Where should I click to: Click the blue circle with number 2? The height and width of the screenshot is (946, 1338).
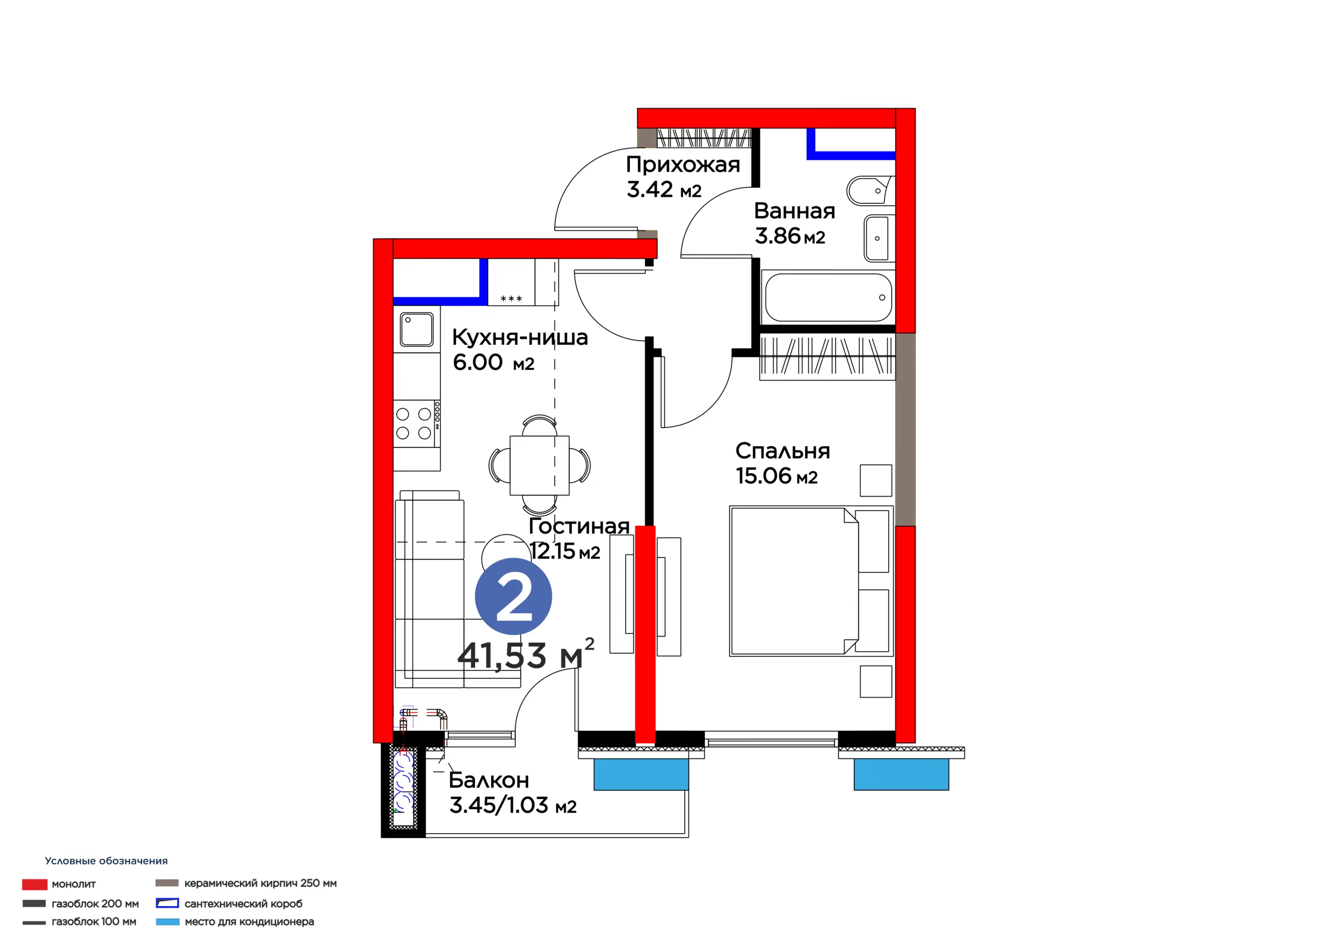click(x=513, y=596)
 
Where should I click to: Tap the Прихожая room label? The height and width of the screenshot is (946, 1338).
click(x=683, y=165)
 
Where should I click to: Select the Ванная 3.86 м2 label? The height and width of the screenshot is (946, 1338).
click(x=794, y=223)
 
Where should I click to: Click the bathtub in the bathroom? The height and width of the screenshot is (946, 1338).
click(x=828, y=297)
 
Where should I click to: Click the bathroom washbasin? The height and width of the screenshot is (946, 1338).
click(x=877, y=238)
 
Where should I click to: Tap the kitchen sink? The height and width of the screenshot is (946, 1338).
click(x=417, y=329)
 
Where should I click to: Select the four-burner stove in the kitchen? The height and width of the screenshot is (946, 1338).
click(x=417, y=424)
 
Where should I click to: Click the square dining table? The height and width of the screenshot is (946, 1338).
click(x=539, y=465)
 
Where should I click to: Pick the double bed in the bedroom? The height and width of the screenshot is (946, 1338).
click(x=811, y=581)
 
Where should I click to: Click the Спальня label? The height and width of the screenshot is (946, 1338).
click(x=782, y=451)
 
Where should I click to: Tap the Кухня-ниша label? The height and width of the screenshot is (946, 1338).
click(x=521, y=338)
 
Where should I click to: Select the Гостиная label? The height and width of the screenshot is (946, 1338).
click(x=579, y=526)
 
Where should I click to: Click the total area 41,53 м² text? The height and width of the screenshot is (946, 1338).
click(x=526, y=654)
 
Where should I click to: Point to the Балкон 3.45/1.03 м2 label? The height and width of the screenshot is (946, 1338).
click(x=513, y=793)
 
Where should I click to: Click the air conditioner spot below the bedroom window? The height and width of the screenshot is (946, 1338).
click(x=902, y=775)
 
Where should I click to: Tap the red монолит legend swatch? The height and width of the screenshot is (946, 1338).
click(x=34, y=885)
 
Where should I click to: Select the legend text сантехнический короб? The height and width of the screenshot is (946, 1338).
click(x=244, y=904)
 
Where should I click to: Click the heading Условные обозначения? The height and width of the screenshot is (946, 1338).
click(x=106, y=861)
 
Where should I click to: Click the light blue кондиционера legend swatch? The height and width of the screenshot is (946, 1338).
click(x=168, y=922)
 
